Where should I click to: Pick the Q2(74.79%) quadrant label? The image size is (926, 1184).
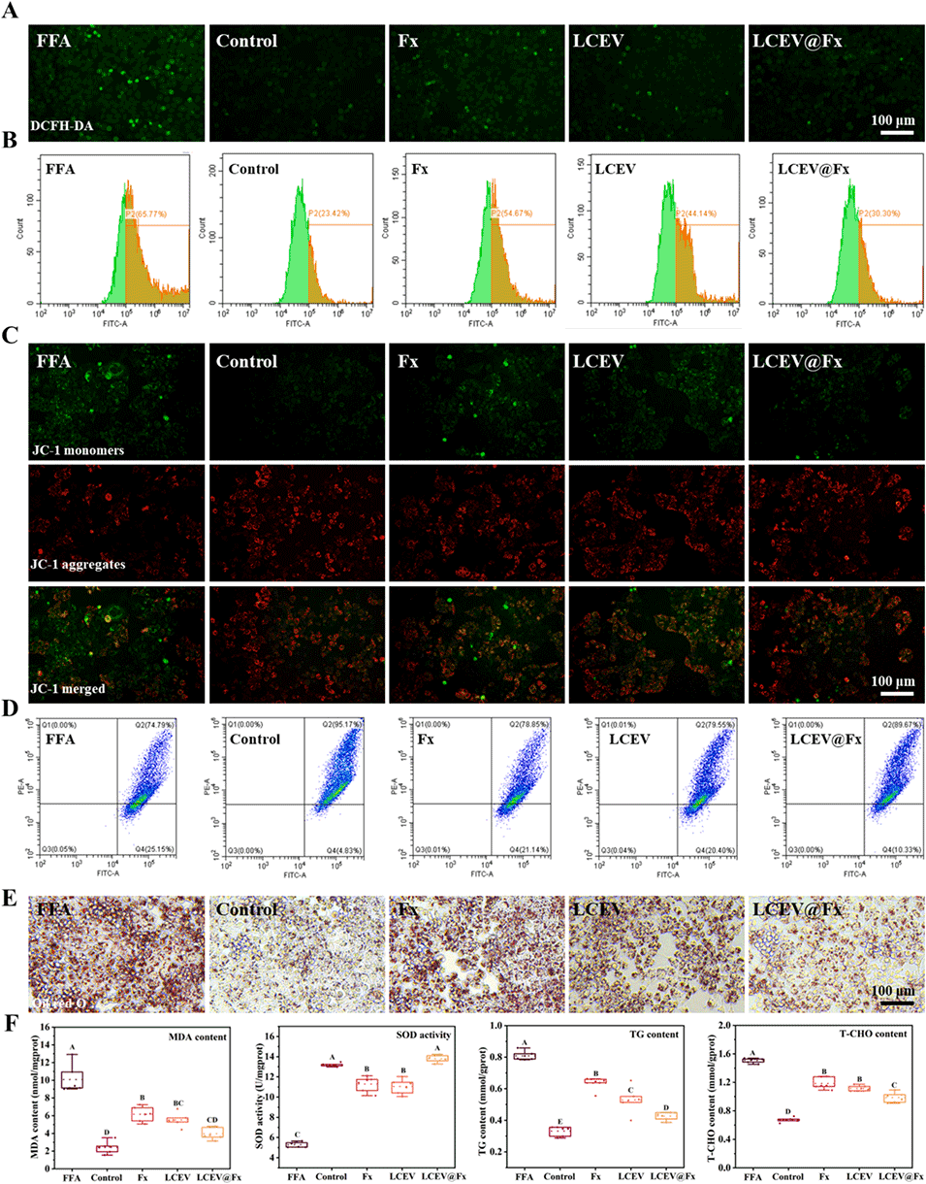click(x=157, y=723)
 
